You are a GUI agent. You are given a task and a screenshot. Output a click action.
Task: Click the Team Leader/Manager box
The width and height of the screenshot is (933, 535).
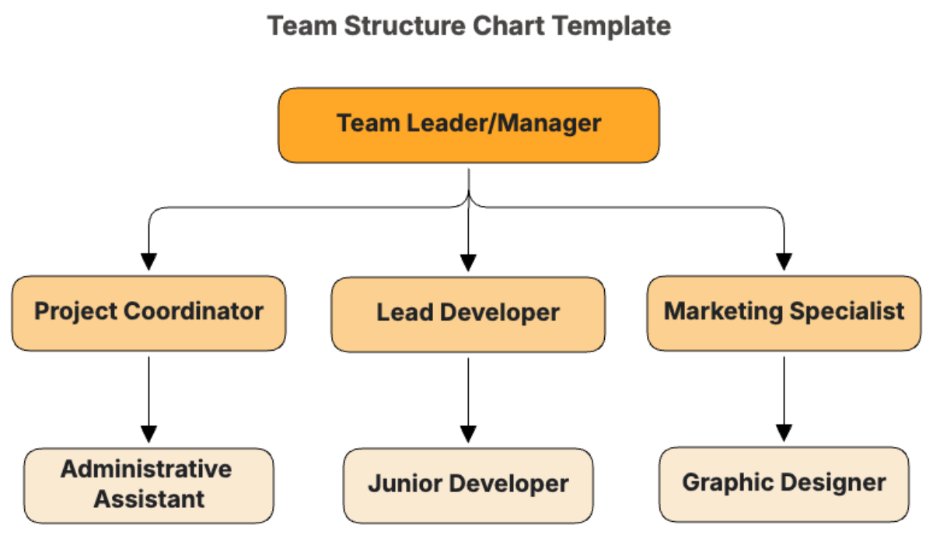tap(469, 125)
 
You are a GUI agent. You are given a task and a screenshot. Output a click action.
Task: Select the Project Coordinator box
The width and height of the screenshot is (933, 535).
tap(149, 313)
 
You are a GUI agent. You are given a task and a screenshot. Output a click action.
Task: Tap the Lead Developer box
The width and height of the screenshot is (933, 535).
tap(468, 314)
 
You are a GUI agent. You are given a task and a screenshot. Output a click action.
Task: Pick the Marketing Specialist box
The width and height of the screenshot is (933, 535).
tap(784, 313)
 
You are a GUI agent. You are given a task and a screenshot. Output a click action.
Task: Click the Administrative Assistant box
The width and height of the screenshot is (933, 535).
tap(149, 485)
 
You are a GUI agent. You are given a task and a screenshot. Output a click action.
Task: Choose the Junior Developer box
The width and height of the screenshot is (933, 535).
tap(468, 485)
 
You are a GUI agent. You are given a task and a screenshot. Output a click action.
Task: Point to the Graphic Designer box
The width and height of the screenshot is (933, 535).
tap(784, 484)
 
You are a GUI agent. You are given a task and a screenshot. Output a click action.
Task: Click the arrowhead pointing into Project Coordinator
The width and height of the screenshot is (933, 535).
tap(149, 261)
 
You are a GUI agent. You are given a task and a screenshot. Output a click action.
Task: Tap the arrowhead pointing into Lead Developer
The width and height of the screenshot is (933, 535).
tap(468, 263)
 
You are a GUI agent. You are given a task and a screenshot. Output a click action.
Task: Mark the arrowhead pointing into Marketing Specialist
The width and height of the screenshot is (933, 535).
tap(784, 261)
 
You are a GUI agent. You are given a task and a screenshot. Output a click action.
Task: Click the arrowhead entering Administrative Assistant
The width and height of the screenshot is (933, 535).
tap(149, 434)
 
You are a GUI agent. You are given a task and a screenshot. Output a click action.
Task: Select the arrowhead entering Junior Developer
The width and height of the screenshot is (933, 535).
tap(468, 434)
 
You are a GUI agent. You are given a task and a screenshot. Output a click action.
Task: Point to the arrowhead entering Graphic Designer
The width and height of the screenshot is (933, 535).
tap(784, 433)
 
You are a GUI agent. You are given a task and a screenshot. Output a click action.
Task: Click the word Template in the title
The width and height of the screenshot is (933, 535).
tap(612, 26)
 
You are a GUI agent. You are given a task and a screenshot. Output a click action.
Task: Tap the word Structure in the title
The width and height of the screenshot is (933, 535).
tap(404, 26)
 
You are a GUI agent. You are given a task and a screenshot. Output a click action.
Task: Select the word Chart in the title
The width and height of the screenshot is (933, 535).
tap(508, 26)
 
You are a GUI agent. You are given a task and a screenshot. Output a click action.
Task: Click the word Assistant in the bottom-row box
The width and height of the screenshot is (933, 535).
tap(149, 498)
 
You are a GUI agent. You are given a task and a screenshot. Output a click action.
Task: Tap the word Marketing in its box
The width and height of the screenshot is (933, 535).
tap(723, 312)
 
